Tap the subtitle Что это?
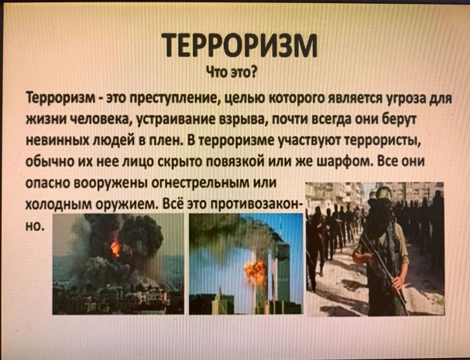230,72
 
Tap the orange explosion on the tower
255,272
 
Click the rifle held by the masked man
385,270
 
